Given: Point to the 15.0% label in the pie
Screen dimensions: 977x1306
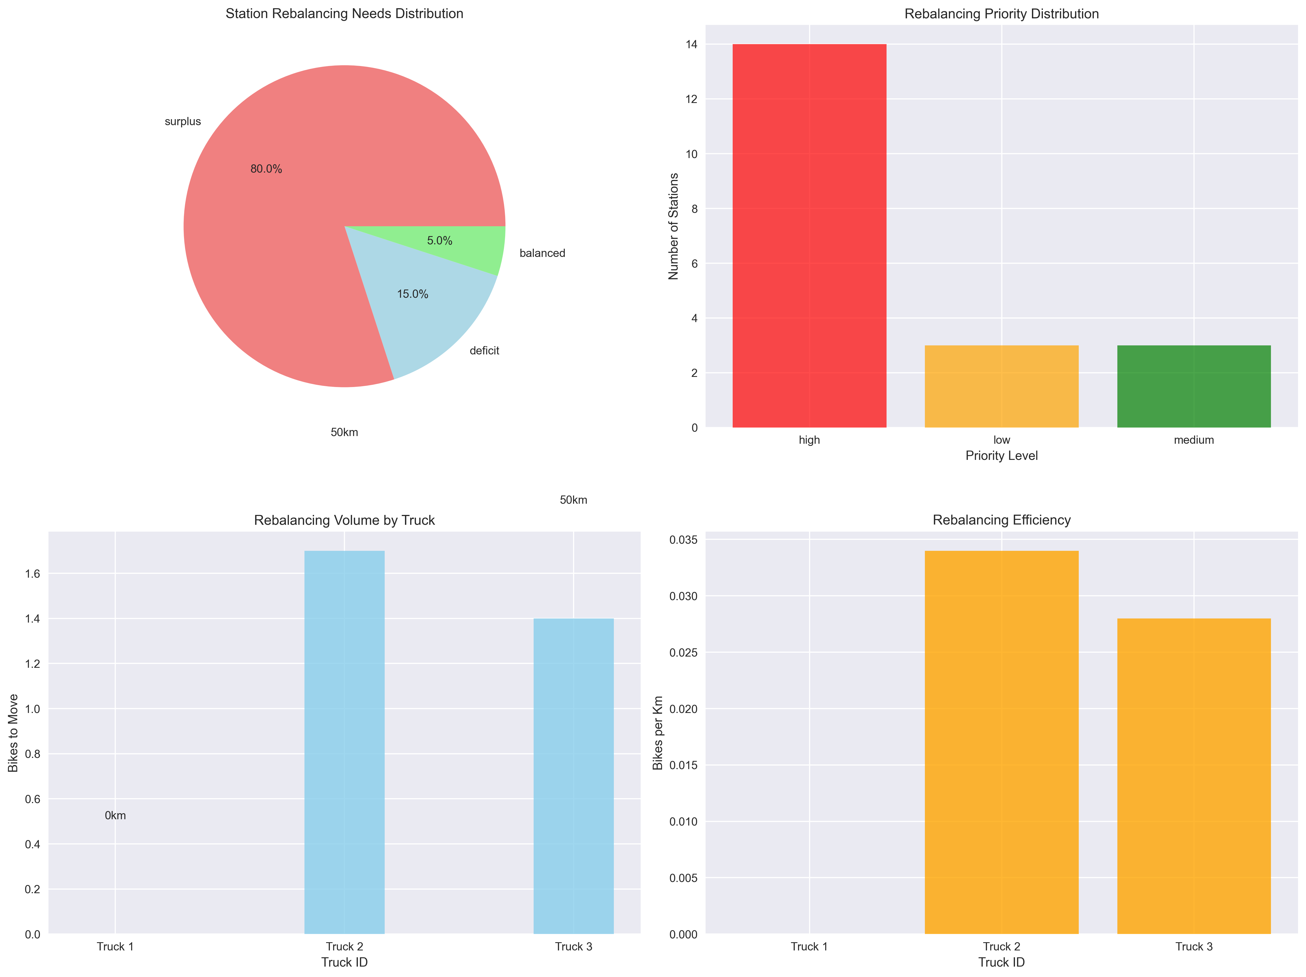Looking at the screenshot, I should (x=412, y=294).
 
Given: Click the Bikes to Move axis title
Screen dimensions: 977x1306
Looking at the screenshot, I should (x=13, y=733).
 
